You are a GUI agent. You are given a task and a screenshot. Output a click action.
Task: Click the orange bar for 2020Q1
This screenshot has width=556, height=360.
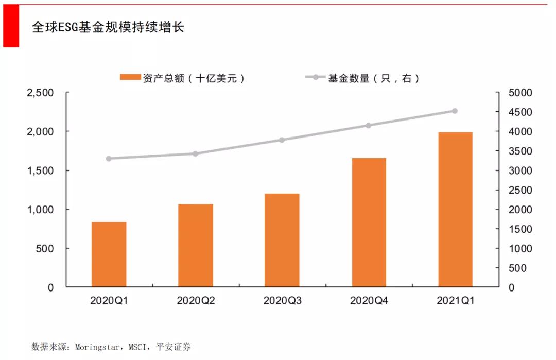click(x=109, y=254)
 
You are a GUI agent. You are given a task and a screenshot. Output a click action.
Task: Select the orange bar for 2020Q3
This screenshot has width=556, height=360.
click(x=282, y=241)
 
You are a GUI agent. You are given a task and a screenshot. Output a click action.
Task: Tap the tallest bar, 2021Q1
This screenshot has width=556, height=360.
click(x=455, y=210)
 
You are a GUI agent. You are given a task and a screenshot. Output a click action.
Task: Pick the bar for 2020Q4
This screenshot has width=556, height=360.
click(x=369, y=222)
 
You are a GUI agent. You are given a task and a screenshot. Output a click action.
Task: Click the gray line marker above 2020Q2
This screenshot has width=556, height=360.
click(x=195, y=153)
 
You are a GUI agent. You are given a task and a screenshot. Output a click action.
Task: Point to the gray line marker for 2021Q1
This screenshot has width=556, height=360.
click(x=455, y=111)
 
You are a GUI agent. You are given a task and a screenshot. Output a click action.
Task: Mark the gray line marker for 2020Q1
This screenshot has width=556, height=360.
click(x=109, y=159)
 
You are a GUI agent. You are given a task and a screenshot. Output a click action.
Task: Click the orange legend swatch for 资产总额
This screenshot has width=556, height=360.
click(x=129, y=78)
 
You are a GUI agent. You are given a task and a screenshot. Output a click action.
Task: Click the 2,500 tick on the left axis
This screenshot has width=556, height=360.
click(x=40, y=93)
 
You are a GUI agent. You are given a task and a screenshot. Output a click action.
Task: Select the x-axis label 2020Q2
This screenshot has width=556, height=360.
click(x=195, y=300)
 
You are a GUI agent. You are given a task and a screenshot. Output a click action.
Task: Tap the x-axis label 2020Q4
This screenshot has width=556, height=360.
click(x=369, y=300)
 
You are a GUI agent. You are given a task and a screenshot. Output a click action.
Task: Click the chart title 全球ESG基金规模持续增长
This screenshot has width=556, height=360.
click(x=108, y=27)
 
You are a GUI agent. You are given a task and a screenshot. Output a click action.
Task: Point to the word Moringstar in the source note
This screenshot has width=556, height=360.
click(x=97, y=347)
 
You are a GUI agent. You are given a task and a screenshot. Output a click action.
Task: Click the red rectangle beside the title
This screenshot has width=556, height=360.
click(x=11, y=26)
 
